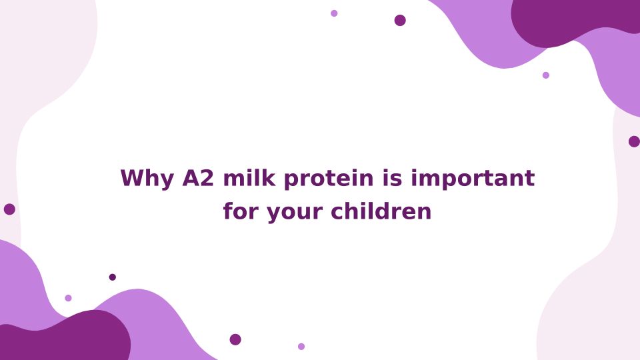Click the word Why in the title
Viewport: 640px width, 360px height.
(x=147, y=179)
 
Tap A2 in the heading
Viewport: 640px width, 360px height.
(x=198, y=178)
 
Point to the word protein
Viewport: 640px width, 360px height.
(x=329, y=179)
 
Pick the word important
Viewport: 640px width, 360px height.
(x=473, y=179)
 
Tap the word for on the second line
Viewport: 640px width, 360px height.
(x=241, y=211)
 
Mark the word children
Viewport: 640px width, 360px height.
(x=381, y=211)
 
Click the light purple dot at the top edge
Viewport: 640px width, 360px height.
(x=334, y=13)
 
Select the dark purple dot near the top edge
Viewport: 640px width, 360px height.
(x=400, y=20)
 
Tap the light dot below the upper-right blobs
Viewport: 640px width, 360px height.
(x=546, y=75)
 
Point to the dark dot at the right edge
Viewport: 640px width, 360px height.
(x=634, y=141)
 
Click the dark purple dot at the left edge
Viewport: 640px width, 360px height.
(x=9, y=209)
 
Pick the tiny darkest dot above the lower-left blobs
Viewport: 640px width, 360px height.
(x=113, y=277)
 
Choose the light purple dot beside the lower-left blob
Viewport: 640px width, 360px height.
(x=68, y=298)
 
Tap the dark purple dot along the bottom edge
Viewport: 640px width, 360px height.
(x=235, y=339)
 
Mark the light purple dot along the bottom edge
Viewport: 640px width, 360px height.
(x=301, y=347)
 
